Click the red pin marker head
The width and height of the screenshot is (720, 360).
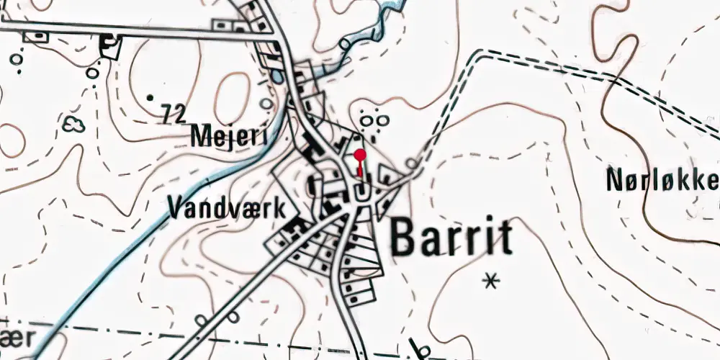361,154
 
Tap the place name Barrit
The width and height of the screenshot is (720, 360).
452,238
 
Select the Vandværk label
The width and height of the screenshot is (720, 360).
232,208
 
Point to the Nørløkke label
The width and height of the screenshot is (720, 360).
662,181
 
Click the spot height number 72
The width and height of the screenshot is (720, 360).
175,113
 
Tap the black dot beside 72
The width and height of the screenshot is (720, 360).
150,96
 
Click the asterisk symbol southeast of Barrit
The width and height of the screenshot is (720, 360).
492,280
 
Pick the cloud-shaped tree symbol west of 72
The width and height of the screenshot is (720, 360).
73,125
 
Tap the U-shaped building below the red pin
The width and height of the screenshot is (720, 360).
362,192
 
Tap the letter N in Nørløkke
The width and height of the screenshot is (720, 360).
615,181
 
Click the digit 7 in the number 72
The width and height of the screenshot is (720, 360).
168,113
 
